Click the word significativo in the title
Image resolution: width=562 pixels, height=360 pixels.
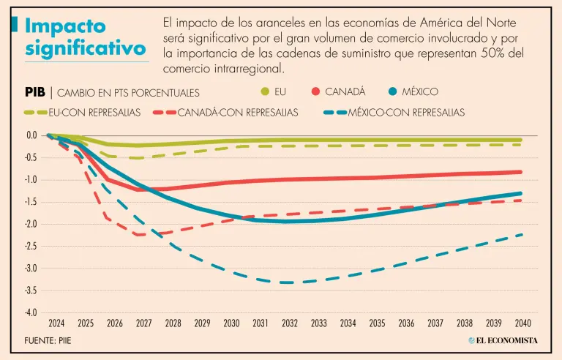point(85,50)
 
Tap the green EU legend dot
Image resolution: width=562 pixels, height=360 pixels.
point(266,91)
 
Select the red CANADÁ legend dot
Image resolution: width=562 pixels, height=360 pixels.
point(315,91)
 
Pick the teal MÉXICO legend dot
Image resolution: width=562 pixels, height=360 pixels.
point(393,91)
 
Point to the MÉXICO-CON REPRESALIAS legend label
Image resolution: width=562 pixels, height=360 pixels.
point(406,113)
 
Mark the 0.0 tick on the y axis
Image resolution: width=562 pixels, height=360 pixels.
point(31,135)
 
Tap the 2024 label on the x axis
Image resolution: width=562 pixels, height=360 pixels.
point(57,323)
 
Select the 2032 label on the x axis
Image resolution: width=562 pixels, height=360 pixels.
point(290,323)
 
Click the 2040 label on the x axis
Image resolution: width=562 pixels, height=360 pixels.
point(522,323)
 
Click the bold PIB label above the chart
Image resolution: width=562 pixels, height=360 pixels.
point(35,92)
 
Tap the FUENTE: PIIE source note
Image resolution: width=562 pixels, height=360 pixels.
point(48,341)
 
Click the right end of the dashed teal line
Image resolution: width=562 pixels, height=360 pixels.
point(522,234)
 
